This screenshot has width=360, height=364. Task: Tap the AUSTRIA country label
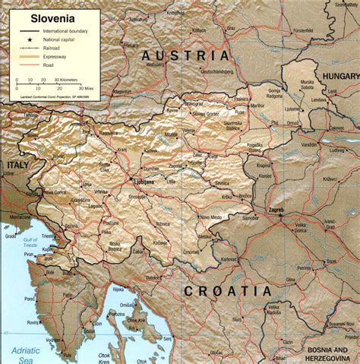[184, 55]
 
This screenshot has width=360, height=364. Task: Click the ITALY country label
[17, 164]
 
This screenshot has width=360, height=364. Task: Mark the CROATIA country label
[227, 291]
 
